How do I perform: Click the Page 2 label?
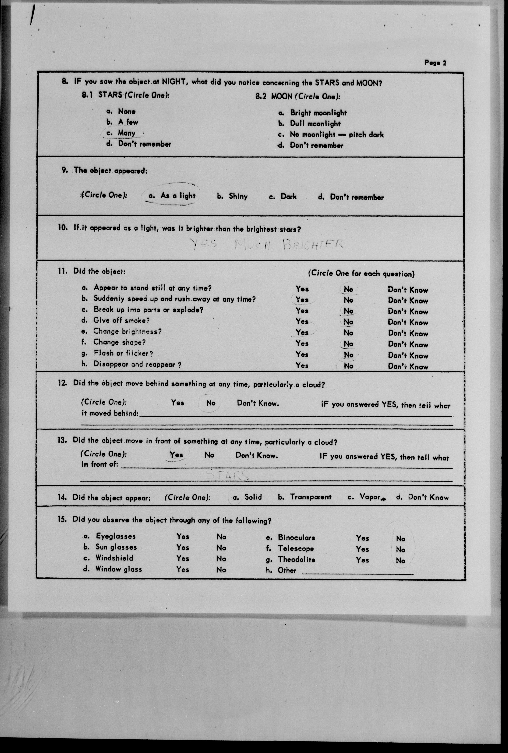(x=435, y=63)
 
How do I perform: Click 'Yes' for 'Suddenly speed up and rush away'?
(x=302, y=300)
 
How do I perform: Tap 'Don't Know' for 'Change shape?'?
(x=408, y=344)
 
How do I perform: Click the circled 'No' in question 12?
(x=211, y=403)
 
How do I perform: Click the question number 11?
(x=62, y=271)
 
